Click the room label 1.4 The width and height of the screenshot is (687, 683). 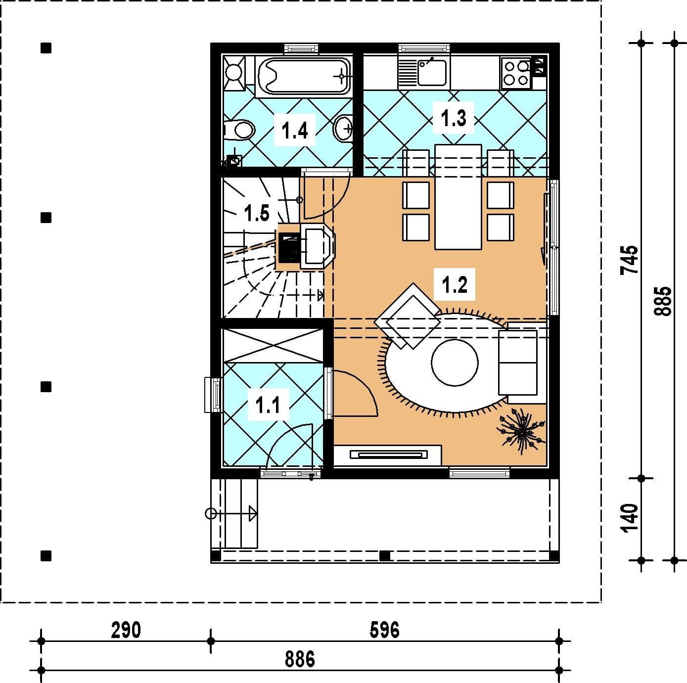click(294, 131)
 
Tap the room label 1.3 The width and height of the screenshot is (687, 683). click(454, 118)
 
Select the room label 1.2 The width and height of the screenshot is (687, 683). click(454, 284)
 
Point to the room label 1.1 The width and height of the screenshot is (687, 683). click(268, 405)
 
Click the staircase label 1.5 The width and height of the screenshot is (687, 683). click(257, 213)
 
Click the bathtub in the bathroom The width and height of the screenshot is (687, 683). click(303, 76)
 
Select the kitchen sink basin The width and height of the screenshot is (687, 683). click(432, 72)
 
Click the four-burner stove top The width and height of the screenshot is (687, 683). click(516, 73)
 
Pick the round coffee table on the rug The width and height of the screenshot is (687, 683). click(455, 363)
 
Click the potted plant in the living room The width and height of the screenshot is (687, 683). click(521, 431)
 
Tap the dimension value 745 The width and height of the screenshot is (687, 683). click(629, 260)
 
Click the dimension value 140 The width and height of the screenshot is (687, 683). click(629, 518)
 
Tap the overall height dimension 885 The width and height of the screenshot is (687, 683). click(662, 301)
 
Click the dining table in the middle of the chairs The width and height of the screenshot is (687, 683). click(458, 196)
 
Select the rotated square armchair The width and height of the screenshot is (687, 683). click(407, 316)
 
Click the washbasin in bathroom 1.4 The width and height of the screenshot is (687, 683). click(343, 128)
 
